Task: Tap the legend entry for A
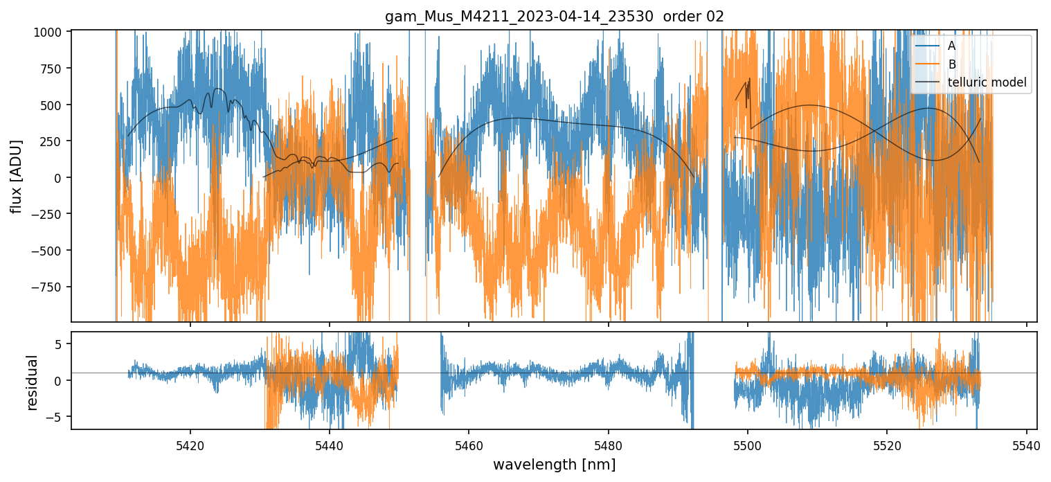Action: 951,46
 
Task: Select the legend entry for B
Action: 951,64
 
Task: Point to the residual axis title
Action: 32,382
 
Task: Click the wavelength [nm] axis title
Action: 554,464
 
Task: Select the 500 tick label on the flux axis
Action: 55,105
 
